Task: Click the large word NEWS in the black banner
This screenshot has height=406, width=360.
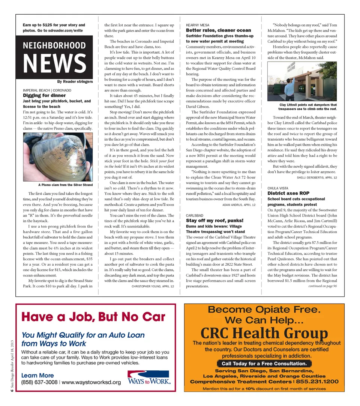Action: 55,64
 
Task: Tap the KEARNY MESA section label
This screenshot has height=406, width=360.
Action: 198,25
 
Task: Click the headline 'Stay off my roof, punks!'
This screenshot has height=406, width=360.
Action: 215,221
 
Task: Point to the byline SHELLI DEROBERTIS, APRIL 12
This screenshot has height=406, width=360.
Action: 317,177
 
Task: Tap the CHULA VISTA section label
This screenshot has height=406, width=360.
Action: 278,188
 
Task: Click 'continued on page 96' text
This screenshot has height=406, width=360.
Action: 322,286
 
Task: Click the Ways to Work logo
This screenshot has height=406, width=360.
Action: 149,378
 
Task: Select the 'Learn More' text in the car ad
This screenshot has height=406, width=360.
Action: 37,375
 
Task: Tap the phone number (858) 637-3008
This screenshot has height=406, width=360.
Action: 39,382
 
